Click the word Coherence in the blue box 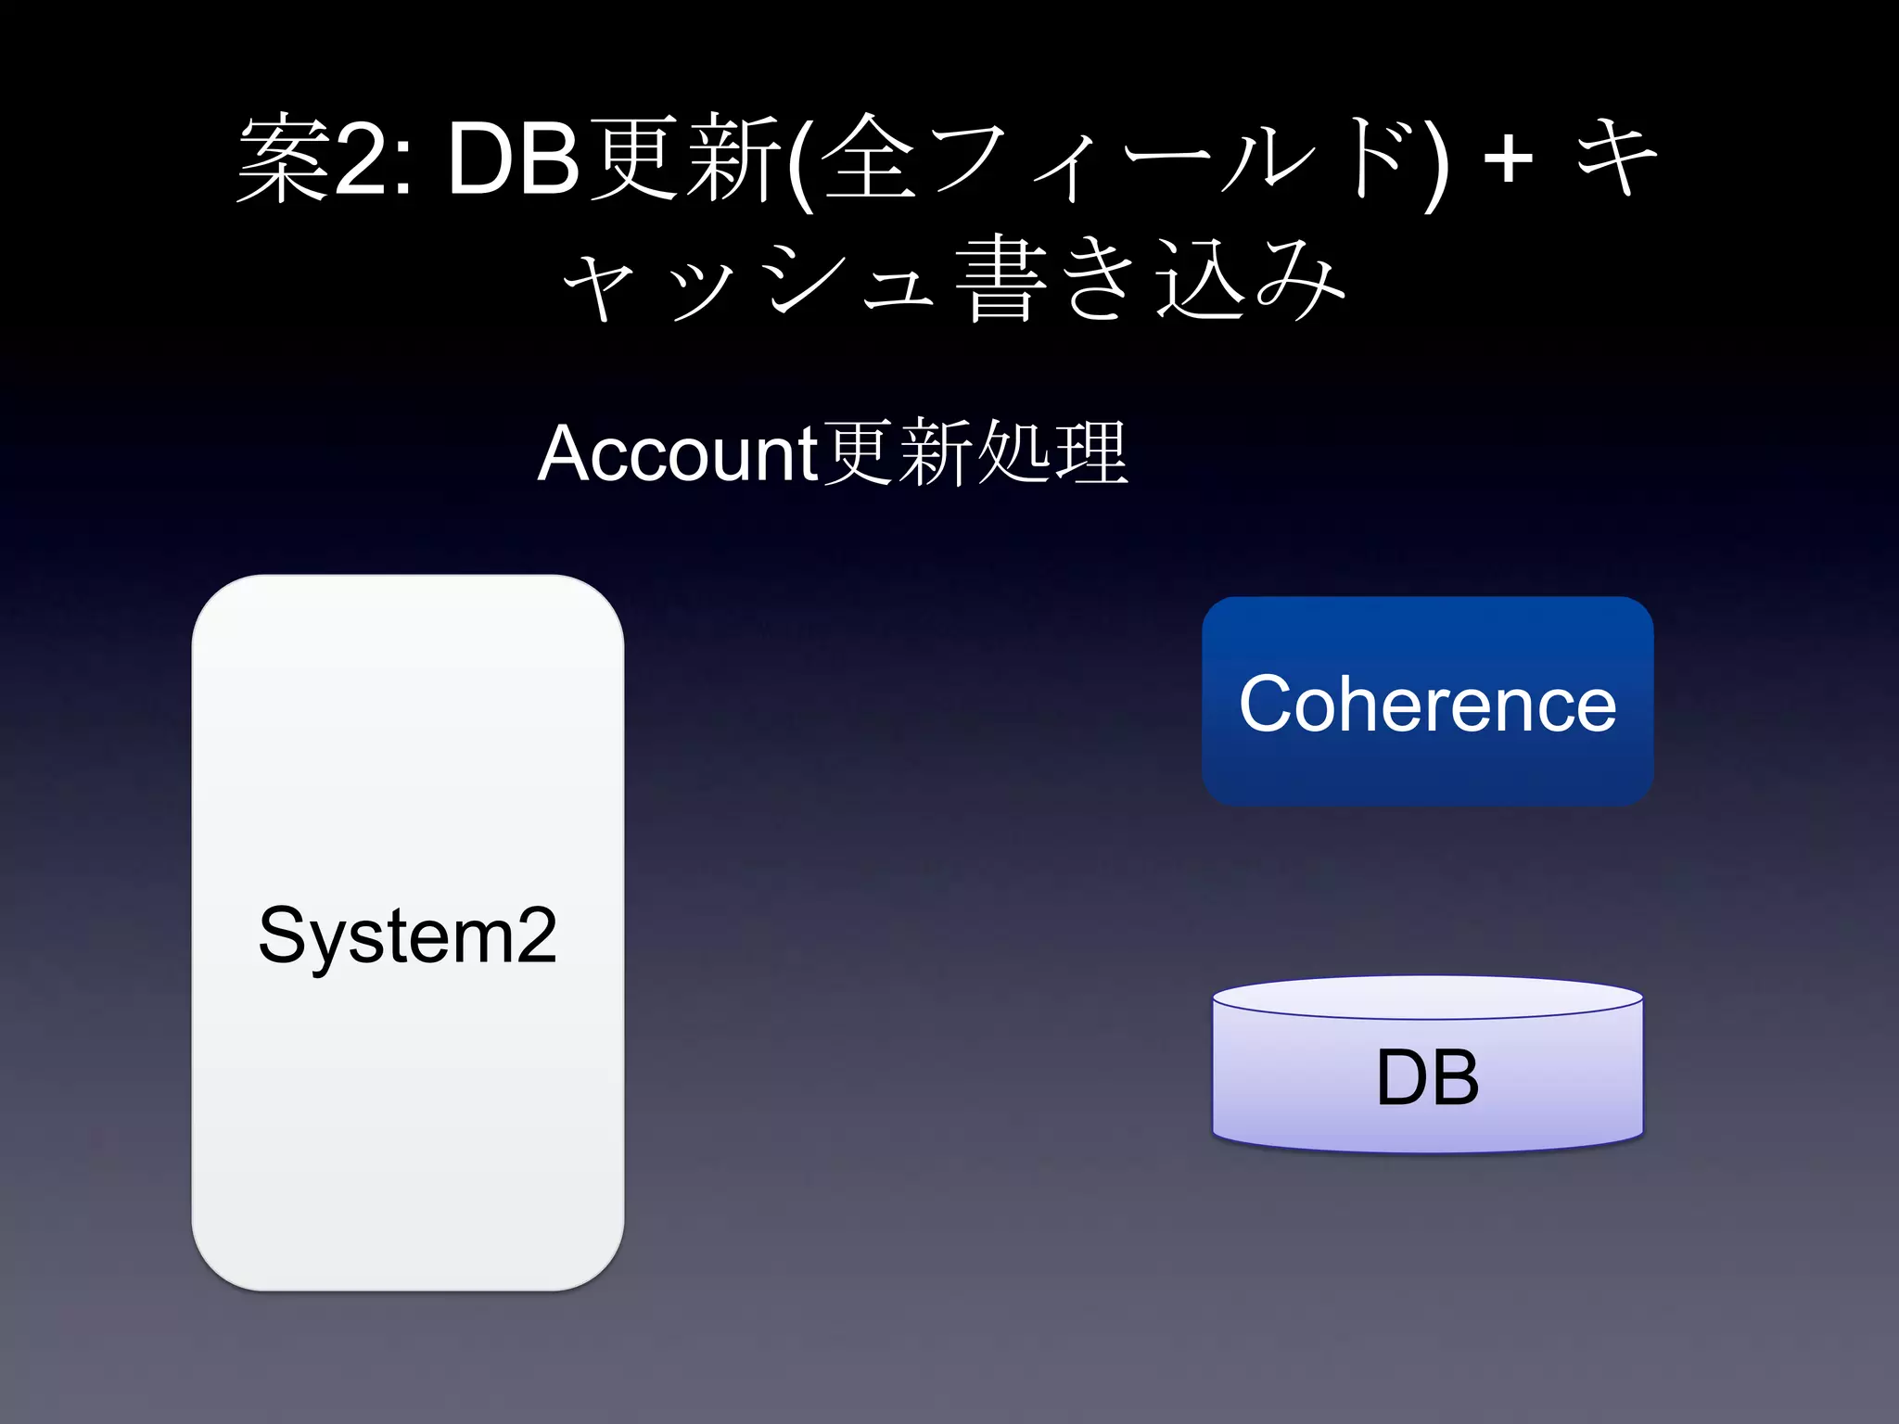point(1427,704)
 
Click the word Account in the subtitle point(677,453)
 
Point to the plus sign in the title point(1508,159)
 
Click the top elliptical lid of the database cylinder point(1427,998)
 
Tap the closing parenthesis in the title point(1434,163)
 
